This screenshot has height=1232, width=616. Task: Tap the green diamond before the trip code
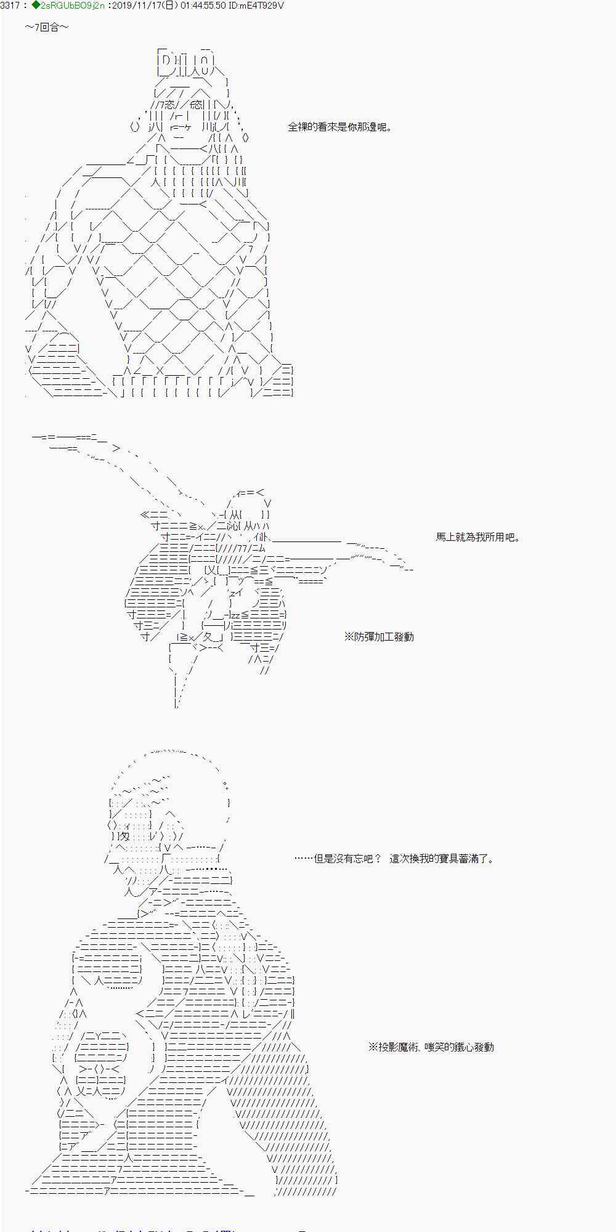(x=35, y=6)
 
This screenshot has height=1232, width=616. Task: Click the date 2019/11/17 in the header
(x=134, y=6)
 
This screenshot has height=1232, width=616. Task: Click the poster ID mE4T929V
(x=262, y=6)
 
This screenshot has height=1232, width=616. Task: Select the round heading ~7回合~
(x=47, y=28)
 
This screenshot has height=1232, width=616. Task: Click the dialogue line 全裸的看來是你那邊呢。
(x=339, y=128)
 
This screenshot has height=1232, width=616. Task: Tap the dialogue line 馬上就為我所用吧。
(x=478, y=537)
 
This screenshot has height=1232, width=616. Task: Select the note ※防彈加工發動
(x=379, y=637)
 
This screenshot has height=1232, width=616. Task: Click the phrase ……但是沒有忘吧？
(x=338, y=859)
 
